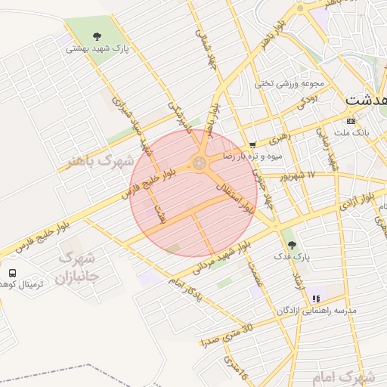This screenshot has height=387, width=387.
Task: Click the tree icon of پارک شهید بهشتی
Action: [x=96, y=36]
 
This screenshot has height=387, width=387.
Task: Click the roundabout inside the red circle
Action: [x=200, y=163]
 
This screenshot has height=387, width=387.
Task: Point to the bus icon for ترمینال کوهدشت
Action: [x=12, y=272]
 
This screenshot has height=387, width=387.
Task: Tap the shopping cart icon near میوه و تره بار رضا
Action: [x=252, y=144]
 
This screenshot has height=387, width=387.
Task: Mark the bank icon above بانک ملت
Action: [x=351, y=120]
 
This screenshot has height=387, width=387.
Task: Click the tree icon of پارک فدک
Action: [x=292, y=244]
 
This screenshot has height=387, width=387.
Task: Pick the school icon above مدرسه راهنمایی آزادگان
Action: [x=315, y=299]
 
